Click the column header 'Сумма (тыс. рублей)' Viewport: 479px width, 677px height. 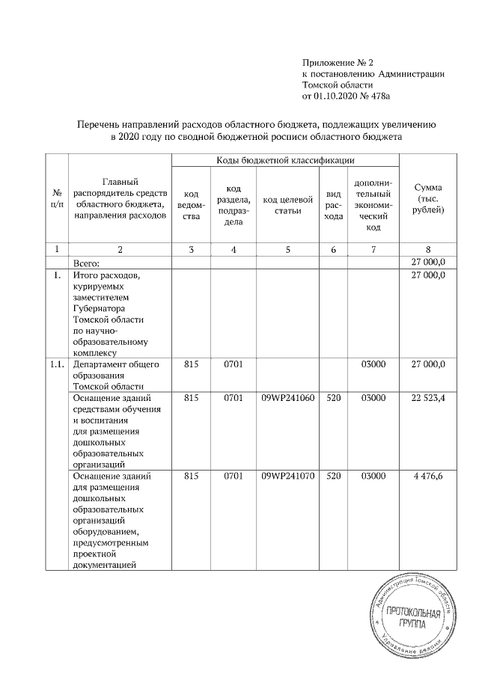click(428, 199)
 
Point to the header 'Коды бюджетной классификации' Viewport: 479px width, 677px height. click(285, 161)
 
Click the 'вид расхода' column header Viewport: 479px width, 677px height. click(334, 206)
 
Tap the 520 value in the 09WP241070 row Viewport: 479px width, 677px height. click(334, 476)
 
